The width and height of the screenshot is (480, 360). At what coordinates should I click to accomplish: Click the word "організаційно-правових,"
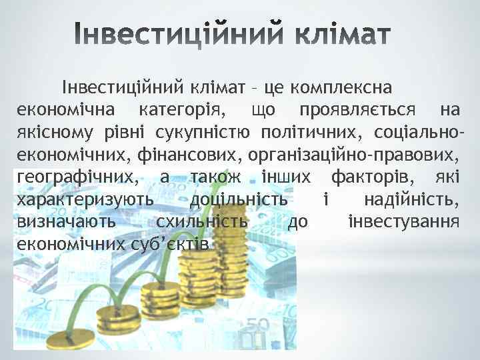[x=353, y=155]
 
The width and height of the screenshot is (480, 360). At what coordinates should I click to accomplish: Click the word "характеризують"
[x=83, y=199]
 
